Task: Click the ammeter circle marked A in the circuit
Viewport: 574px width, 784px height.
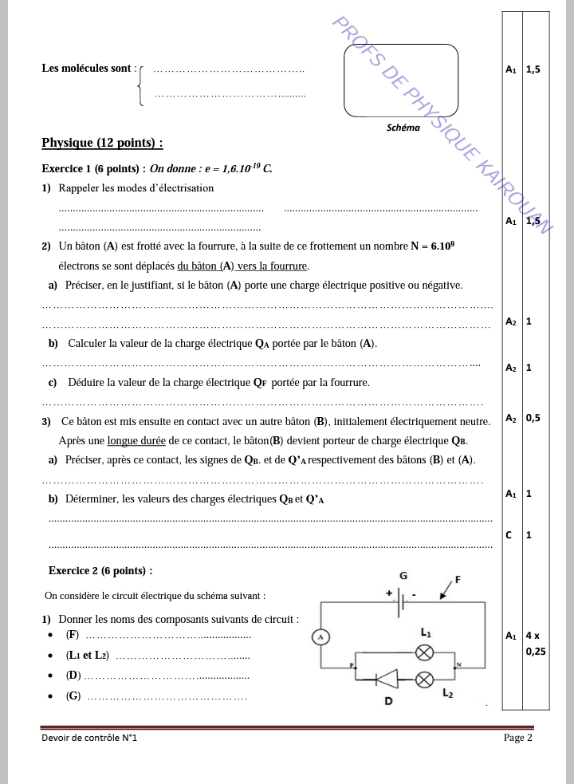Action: tap(319, 636)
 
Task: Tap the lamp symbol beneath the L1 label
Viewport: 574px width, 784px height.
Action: tap(426, 652)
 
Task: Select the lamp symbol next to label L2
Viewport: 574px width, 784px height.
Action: tap(426, 679)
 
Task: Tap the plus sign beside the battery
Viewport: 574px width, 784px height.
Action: tap(389, 593)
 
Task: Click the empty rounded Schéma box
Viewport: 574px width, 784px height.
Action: tap(401, 81)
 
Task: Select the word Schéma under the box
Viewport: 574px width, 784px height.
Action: tap(403, 127)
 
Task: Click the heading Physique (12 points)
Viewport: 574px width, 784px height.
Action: tap(102, 144)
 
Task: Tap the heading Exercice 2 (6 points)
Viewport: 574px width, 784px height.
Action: tap(100, 570)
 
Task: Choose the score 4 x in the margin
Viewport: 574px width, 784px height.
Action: tap(533, 636)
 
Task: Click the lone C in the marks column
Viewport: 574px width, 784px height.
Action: tap(509, 534)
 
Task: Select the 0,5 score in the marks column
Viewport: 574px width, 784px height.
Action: tap(533, 418)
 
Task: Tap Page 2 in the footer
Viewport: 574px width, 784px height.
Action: tap(517, 738)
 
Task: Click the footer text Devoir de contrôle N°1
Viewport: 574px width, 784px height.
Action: tap(89, 739)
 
